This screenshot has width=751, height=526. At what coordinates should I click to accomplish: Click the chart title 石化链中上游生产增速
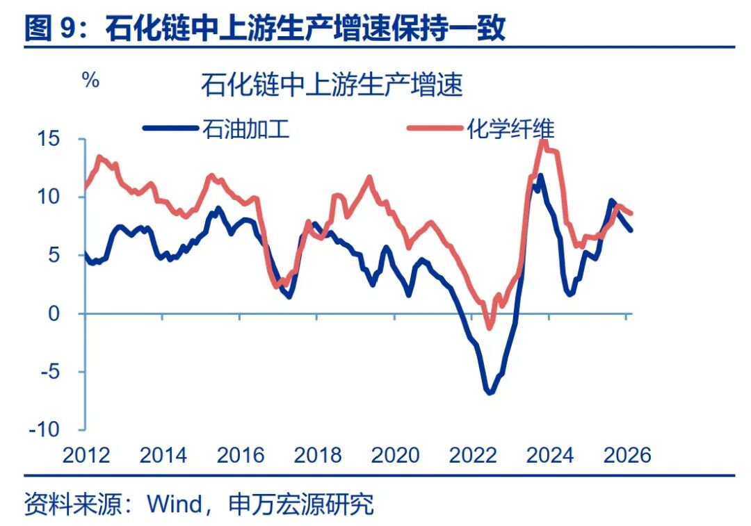tap(332, 86)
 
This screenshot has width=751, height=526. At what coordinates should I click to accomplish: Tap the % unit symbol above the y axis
tap(91, 80)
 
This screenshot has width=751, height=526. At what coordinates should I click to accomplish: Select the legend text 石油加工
tap(245, 129)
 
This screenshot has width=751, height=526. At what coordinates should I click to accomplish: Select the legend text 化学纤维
tap(510, 129)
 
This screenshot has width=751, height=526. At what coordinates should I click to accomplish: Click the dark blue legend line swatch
tap(170, 129)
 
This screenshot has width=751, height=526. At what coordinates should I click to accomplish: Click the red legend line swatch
tap(435, 129)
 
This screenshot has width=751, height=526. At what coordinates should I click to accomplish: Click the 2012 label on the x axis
tap(86, 455)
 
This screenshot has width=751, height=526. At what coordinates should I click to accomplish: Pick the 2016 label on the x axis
tap(241, 455)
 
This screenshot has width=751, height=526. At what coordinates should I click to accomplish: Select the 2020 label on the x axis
tap(395, 455)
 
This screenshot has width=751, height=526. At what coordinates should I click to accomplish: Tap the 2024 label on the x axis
tap(550, 455)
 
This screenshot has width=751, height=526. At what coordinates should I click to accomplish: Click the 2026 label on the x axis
tap(627, 455)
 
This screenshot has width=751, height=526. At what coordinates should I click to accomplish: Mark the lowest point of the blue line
tap(490, 393)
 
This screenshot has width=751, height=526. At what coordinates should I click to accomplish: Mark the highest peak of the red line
tap(544, 142)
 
